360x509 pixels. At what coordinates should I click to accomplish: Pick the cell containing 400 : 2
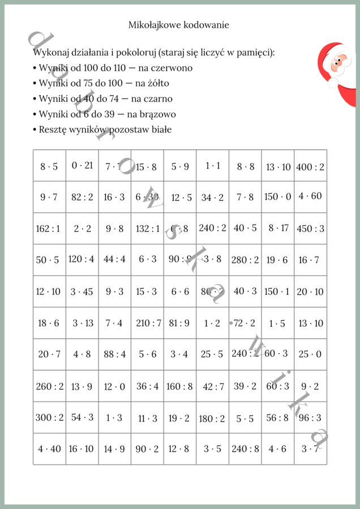pos(310,166)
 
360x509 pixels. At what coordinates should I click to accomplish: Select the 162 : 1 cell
pos(49,228)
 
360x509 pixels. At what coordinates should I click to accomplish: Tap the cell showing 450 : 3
pos(310,228)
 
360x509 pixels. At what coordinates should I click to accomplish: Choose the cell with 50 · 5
pos(49,260)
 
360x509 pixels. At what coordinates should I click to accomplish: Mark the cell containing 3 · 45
pos(82,292)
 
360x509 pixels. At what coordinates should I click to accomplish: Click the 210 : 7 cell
pos(148,323)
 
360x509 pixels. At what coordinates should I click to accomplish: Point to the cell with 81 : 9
pos(180,323)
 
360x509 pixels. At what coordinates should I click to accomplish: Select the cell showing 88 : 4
pos(115,355)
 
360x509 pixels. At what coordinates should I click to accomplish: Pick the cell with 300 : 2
pos(49,418)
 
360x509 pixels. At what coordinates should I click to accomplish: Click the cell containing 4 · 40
pos(49,449)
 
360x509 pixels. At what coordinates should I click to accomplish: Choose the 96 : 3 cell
pos(310,418)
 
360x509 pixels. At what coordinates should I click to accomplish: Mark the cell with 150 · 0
pos(278,197)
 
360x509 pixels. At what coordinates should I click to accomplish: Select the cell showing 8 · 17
pos(278,228)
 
